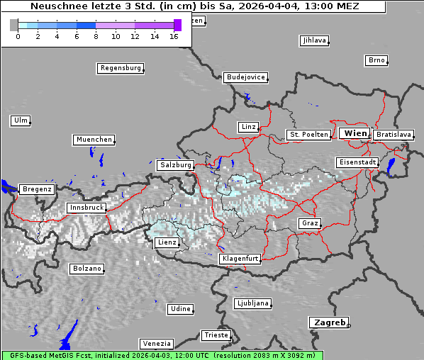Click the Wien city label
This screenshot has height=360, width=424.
coord(355,133)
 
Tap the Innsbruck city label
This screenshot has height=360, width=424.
coord(86,208)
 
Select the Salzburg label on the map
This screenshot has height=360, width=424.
coord(176,164)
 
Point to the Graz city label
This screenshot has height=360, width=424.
coord(310,223)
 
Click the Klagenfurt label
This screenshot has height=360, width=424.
coord(240,259)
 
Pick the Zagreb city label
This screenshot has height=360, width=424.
coord(328,322)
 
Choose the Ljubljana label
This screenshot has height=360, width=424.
coord(252,303)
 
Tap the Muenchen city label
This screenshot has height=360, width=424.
coord(94,140)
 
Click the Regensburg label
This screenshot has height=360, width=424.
coord(120,68)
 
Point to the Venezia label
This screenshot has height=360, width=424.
coord(156,343)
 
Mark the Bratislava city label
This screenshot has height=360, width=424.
coord(394,134)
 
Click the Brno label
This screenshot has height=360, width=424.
coord(376,60)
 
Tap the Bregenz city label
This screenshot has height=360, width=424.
coord(37,189)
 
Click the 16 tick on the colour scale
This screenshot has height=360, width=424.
coord(174,36)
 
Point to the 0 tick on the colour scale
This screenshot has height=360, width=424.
coord(18,36)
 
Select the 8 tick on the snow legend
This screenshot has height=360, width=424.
coord(96,36)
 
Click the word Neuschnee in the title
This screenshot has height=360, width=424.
coord(55,6)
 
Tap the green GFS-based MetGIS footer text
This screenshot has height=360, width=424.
coord(162,355)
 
